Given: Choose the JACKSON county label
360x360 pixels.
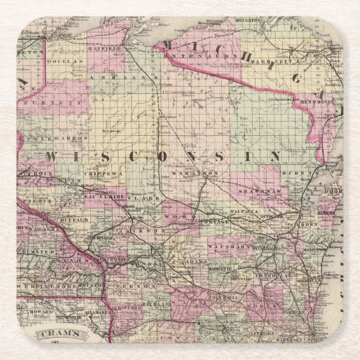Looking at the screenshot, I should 146,229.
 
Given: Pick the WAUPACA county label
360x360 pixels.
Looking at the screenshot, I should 245,211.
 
